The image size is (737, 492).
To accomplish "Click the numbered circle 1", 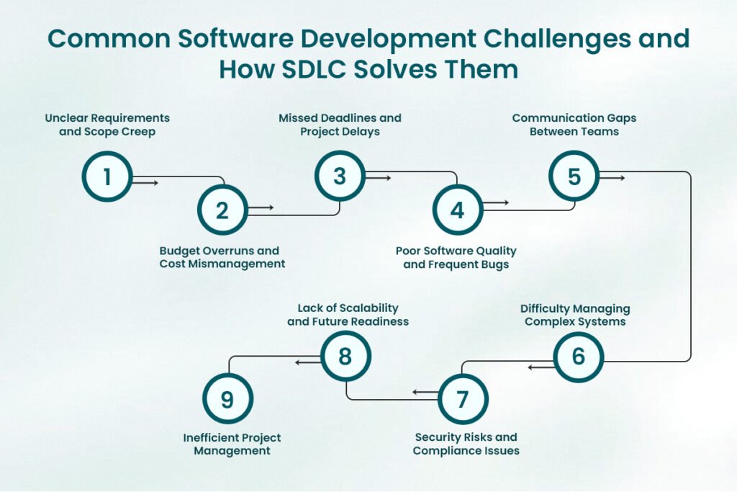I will click(107, 176).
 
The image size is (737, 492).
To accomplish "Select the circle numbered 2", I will click(222, 210).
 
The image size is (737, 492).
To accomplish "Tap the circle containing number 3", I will click(340, 176).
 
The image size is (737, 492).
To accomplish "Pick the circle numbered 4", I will click(457, 210).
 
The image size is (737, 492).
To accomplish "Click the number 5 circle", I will click(574, 176).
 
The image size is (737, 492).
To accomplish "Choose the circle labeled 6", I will click(578, 357).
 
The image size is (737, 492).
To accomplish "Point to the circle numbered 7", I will click(463, 398).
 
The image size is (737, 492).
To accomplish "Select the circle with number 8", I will click(345, 357).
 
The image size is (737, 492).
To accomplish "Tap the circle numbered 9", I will click(227, 398).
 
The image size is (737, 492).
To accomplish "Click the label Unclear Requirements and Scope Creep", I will click(107, 125).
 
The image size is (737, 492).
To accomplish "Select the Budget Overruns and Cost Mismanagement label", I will click(222, 257).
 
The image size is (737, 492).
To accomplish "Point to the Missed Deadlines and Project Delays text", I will click(340, 125).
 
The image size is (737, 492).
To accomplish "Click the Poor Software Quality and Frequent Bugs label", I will click(456, 257).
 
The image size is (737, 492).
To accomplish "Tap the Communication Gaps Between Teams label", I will click(574, 125).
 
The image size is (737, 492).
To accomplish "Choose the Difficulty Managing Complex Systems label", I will click(575, 315).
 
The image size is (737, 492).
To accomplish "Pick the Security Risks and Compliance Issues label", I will click(466, 444).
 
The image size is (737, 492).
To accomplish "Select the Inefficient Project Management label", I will click(232, 444).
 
